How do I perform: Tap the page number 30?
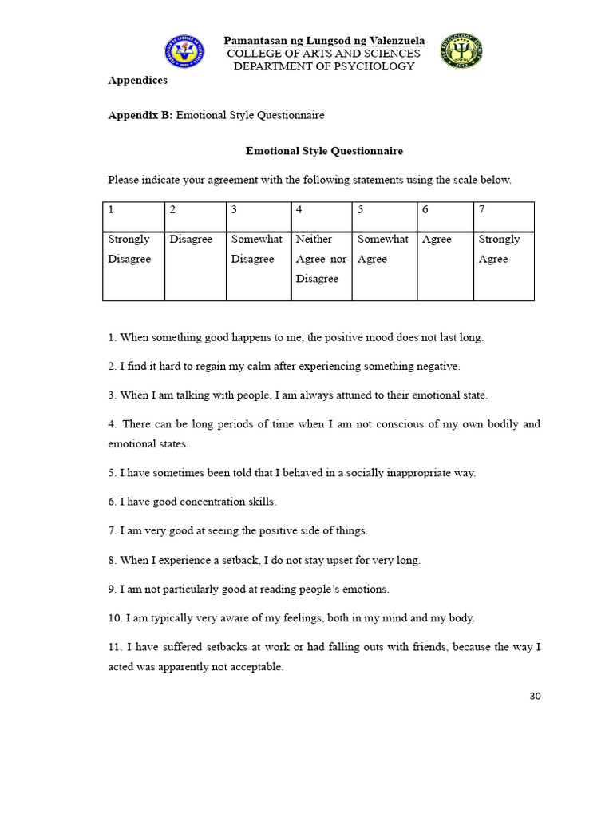tap(535, 696)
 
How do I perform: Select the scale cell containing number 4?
tap(322, 216)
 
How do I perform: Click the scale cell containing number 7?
tap(504, 216)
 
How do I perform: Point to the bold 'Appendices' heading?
tap(137, 80)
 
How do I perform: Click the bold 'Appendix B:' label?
tap(140, 115)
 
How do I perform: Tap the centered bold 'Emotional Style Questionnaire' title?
tap(324, 150)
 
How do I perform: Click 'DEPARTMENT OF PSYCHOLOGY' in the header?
tap(324, 66)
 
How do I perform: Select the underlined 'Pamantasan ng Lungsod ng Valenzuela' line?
tap(324, 41)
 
